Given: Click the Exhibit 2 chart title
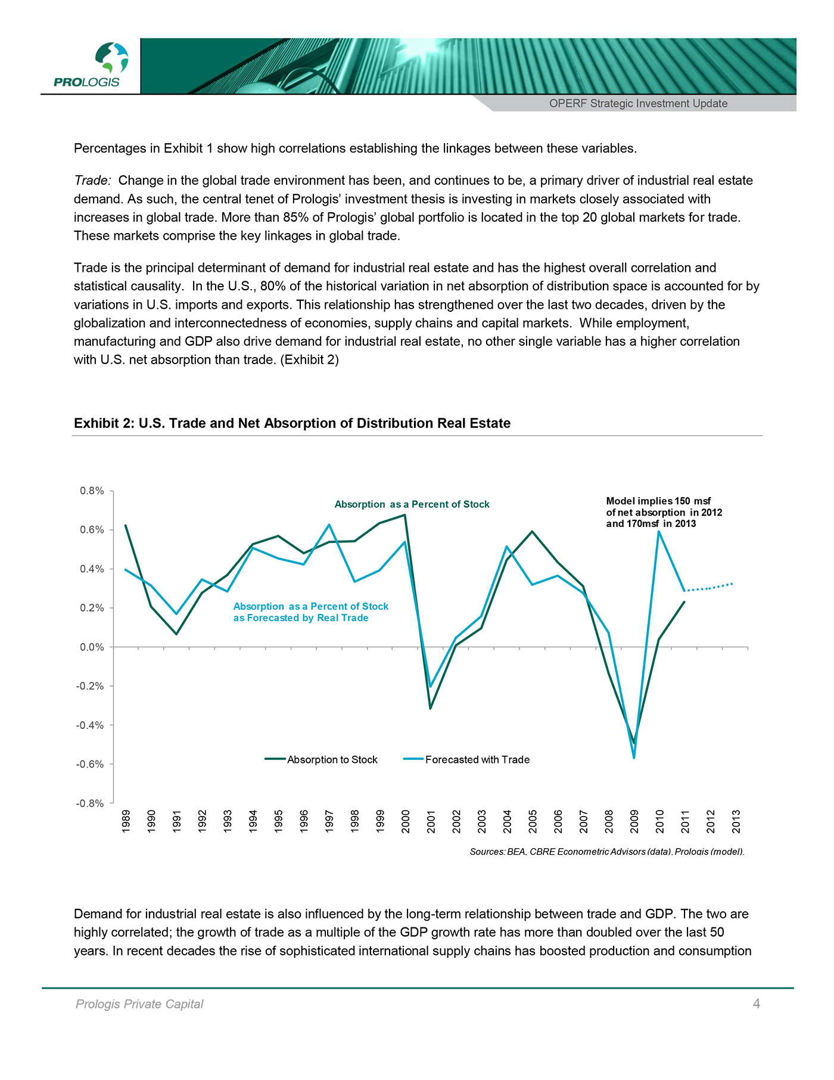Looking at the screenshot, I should click(x=292, y=423).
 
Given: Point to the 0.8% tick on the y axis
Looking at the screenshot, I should click(x=92, y=491).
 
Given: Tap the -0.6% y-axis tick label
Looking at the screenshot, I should click(x=90, y=764).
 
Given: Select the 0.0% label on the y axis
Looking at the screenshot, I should click(x=92, y=647).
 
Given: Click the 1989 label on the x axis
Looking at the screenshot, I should click(x=126, y=821).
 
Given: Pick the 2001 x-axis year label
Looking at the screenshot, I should click(x=431, y=821).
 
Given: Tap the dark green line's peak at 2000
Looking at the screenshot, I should click(x=405, y=515).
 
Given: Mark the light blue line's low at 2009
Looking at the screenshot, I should click(x=634, y=758).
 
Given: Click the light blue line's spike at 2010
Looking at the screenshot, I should click(x=659, y=532).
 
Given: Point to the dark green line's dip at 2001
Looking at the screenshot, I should click(x=430, y=708).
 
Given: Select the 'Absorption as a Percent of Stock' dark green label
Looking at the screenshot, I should click(x=412, y=504).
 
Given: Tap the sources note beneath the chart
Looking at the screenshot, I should click(x=606, y=852).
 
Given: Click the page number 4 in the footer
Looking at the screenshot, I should click(x=756, y=1004).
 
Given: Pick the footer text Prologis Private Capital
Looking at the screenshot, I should click(x=139, y=1004).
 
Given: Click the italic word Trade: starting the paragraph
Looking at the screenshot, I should click(x=92, y=181).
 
